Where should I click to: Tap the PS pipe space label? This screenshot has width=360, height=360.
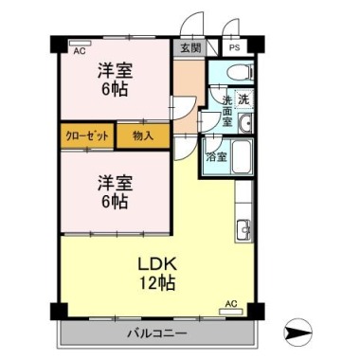(234, 46)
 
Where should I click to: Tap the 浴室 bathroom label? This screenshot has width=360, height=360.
(216, 157)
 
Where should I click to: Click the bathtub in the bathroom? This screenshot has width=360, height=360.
(241, 157)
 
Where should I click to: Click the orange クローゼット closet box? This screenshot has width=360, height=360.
(87, 136)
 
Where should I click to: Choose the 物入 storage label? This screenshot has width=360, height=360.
(143, 136)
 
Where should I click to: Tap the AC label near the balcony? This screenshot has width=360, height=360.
(230, 303)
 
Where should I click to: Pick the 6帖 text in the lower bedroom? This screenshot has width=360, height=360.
(114, 202)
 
